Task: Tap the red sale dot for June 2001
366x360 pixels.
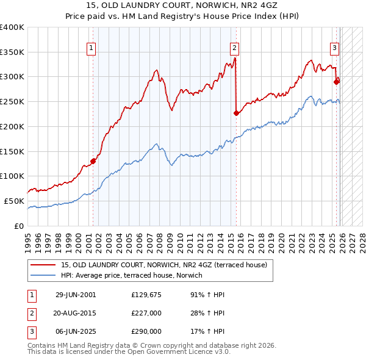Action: pyautogui.click(x=93, y=161)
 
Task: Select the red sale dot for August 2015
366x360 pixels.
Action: pyautogui.click(x=237, y=113)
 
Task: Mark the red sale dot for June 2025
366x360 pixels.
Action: pyautogui.click(x=336, y=81)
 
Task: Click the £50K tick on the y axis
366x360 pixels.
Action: pyautogui.click(x=15, y=201)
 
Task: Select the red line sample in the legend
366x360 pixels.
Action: pyautogui.click(x=42, y=265)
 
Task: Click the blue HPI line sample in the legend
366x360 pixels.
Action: pyautogui.click(x=42, y=275)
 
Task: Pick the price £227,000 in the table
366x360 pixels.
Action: pyautogui.click(x=146, y=313)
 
